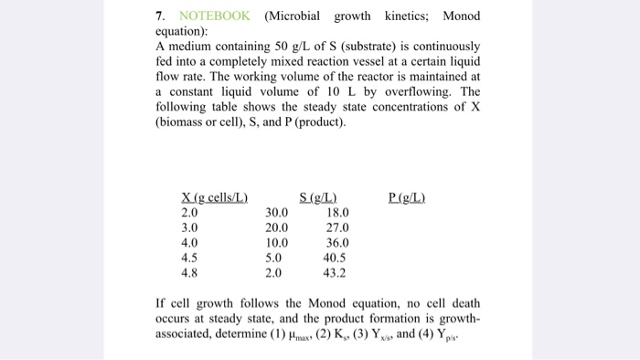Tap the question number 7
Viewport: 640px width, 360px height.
pos(160,16)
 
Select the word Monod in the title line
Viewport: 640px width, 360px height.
pos(461,16)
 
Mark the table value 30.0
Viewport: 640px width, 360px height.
pos(276,214)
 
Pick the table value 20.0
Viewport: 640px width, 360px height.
pos(276,228)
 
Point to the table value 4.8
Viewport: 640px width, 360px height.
pos(189,272)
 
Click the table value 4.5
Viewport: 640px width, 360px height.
pos(189,258)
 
